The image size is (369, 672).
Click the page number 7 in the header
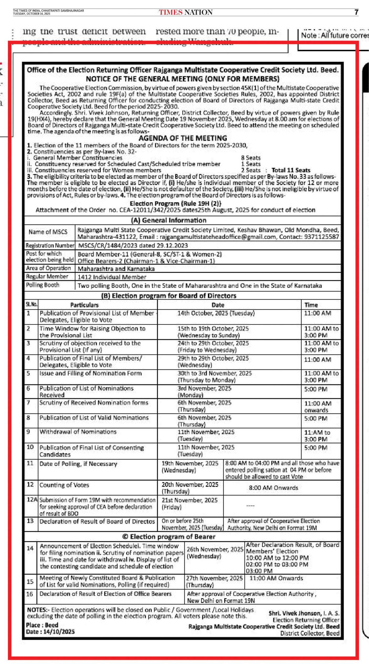click(356, 12)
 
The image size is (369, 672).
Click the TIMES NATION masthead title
click(186, 12)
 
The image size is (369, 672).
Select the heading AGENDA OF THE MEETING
click(183, 138)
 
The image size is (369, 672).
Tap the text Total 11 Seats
click(291, 170)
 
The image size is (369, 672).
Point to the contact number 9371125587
click(321, 237)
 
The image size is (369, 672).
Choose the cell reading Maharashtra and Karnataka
click(116, 269)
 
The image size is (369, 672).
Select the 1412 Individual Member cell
click(112, 277)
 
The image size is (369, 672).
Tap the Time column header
click(311, 305)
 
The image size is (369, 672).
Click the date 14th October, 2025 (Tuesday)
click(216, 313)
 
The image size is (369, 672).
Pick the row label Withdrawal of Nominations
click(78, 432)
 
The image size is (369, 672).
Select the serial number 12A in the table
click(32, 500)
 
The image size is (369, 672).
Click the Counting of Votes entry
click(64, 485)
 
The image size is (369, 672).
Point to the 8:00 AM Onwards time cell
click(273, 488)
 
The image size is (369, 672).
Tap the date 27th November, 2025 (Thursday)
click(214, 581)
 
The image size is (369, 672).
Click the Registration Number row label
click(50, 245)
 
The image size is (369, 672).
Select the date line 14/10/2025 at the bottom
click(50, 632)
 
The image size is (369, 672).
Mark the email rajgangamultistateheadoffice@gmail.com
click(218, 237)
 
